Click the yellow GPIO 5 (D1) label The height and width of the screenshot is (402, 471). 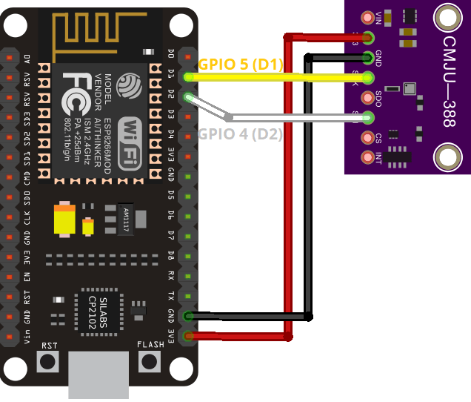241,65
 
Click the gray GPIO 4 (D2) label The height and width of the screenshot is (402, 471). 240,134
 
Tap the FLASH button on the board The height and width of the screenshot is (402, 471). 150,361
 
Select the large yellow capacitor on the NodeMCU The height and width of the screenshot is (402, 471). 64,220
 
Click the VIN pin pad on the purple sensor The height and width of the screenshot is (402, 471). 367,17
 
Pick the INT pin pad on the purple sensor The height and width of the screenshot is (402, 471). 367,157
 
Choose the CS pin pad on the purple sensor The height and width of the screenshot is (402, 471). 367,137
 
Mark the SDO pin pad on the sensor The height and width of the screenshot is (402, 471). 367,97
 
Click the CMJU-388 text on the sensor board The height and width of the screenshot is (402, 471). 449,82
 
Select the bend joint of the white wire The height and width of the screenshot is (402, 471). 228,117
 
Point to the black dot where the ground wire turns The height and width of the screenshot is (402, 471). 309,317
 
